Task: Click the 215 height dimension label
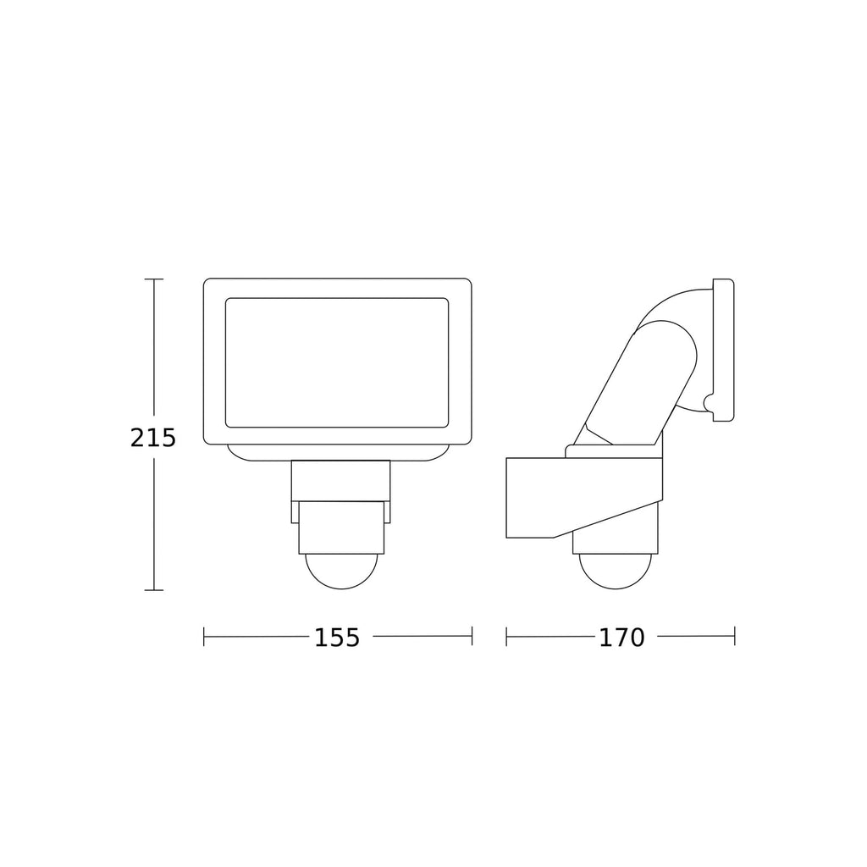pos(152,438)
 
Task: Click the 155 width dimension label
pos(337,638)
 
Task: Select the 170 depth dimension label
pos(622,638)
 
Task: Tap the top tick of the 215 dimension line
pos(154,279)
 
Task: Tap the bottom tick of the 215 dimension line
pos(154,590)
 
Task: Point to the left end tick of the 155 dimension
pos(204,636)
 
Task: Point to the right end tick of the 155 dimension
pos(472,636)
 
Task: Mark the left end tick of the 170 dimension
pos(506,636)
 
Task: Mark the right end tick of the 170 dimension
pos(734,636)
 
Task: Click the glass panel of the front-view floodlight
pos(337,362)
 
